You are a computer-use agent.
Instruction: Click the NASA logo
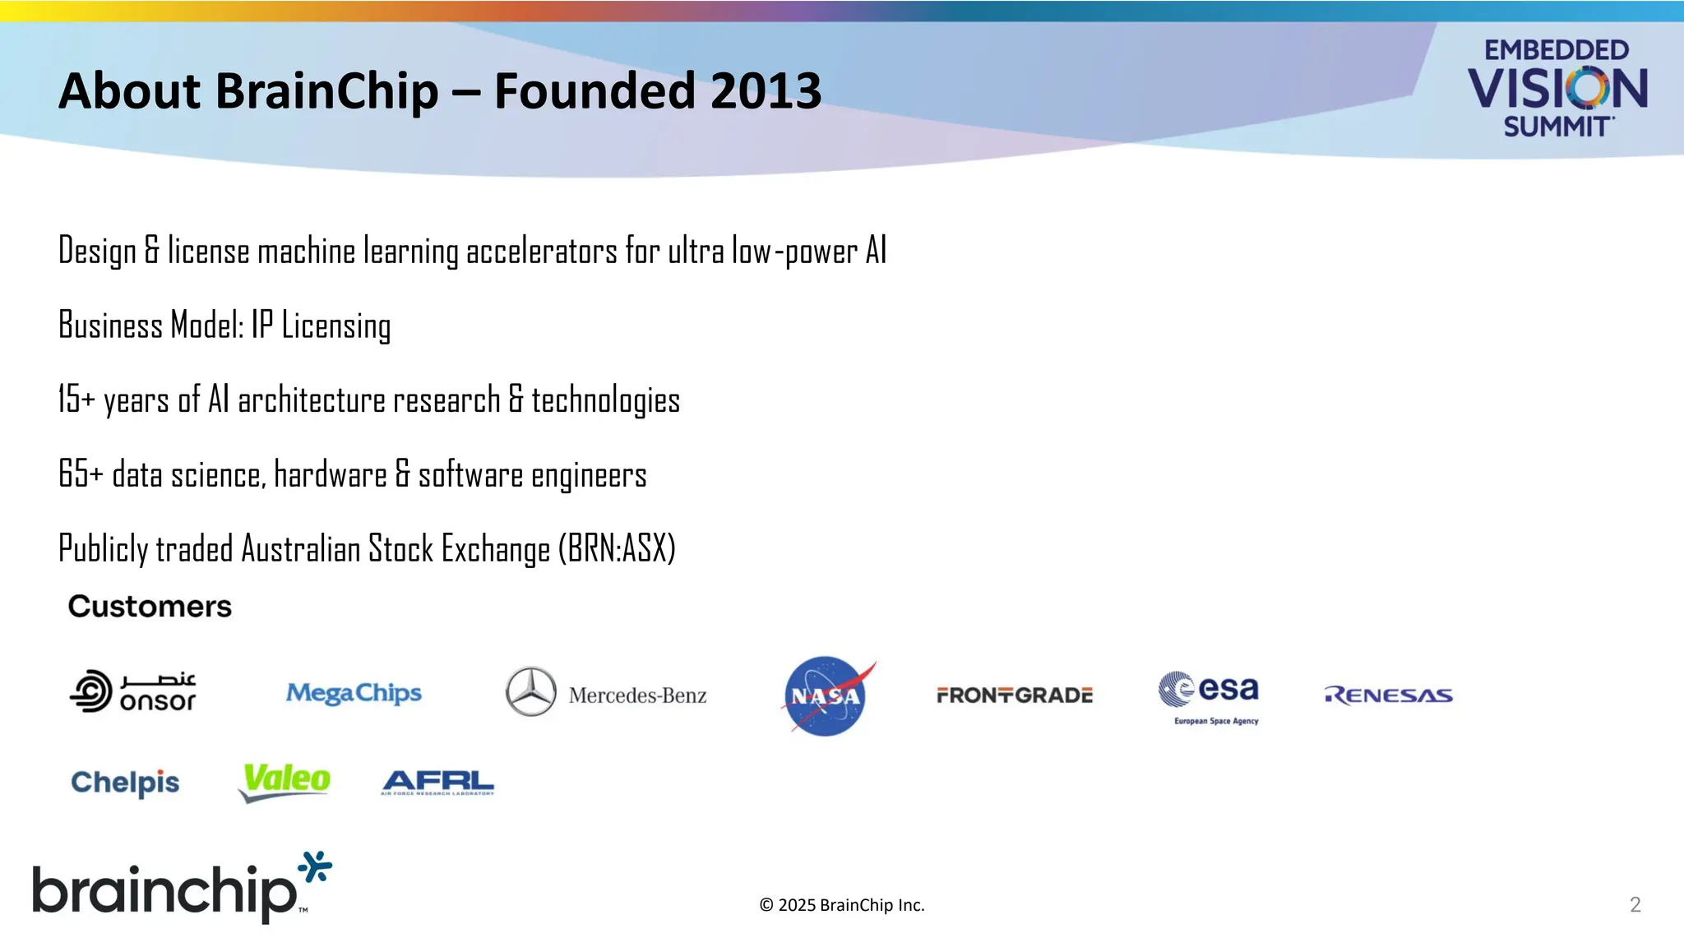[x=826, y=696]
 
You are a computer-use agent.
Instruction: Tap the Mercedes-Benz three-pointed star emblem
[x=530, y=691]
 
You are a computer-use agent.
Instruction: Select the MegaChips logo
[x=354, y=694]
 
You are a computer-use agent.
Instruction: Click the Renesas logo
[x=1388, y=695]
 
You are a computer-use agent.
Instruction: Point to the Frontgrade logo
[x=1014, y=695]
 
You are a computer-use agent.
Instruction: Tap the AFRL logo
[x=437, y=782]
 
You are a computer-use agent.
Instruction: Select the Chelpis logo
[x=125, y=783]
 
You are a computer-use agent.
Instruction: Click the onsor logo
[x=133, y=691]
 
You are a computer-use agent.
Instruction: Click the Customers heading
[x=150, y=607]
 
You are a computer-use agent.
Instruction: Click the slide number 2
[x=1635, y=905]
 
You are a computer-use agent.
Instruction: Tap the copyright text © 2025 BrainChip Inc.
[x=841, y=905]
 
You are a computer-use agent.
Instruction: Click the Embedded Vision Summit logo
[x=1557, y=87]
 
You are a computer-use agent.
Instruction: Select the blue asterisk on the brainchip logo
[x=315, y=867]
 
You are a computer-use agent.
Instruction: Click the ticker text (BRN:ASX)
[x=617, y=549]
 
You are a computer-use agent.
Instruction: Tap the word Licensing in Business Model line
[x=335, y=326]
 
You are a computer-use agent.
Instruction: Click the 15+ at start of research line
[x=76, y=400]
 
